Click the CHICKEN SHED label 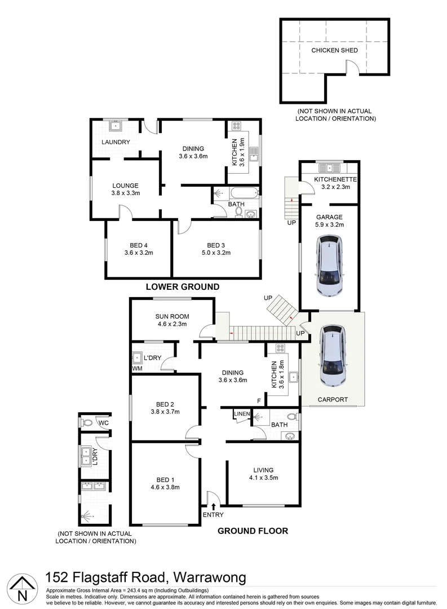point(334,50)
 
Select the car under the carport point(332,357)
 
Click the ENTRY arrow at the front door point(213,507)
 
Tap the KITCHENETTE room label point(328,179)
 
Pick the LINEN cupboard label point(242,414)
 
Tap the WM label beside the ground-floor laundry point(136,368)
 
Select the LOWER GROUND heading point(182,286)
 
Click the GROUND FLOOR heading point(253,530)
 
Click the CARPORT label point(332,400)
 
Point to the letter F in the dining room point(259,401)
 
